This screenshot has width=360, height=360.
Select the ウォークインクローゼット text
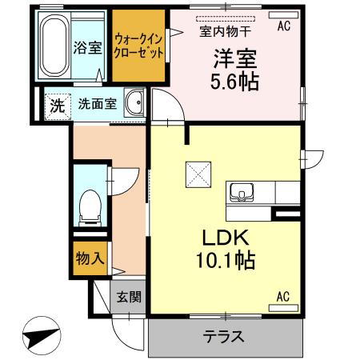point(139,46)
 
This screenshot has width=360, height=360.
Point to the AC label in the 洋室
point(283,26)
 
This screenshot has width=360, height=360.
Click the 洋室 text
point(235,59)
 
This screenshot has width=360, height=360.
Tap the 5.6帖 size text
point(235,82)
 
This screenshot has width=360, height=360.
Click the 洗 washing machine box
point(57,104)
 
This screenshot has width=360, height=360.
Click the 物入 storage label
point(90,258)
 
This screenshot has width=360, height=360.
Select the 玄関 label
point(129,298)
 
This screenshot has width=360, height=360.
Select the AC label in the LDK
point(282,297)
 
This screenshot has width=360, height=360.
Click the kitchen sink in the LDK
point(242,194)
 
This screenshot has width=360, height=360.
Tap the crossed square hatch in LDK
point(198,170)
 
